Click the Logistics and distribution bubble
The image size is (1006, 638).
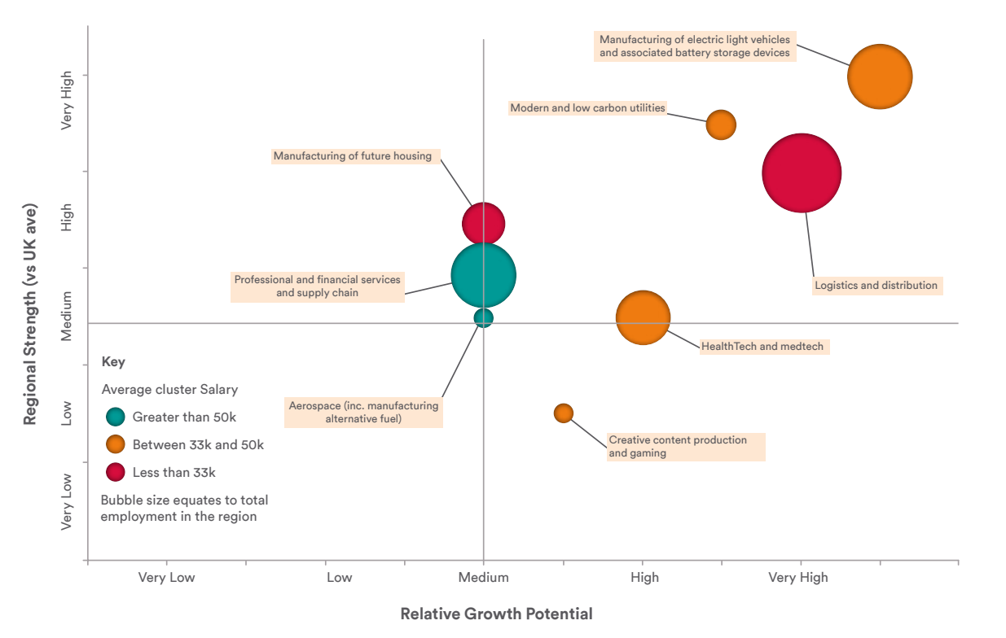point(802,173)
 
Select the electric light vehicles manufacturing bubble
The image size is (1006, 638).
point(879,76)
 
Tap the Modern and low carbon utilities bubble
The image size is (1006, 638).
point(721,125)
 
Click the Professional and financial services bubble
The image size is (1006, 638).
point(484,275)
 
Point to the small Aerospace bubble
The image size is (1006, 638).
point(484,317)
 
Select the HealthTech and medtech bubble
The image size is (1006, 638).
point(643,318)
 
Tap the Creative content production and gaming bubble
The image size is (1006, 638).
point(564,413)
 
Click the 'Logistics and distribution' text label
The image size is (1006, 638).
point(876,286)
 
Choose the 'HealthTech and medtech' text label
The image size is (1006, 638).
point(762,347)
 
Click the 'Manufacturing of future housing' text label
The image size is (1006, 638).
point(353,156)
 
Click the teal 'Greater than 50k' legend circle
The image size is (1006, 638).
point(116,417)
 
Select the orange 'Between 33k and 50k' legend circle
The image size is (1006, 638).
point(116,444)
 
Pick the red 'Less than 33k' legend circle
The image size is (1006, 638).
point(116,472)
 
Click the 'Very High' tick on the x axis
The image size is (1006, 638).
point(798,578)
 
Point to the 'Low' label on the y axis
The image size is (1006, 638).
point(67,413)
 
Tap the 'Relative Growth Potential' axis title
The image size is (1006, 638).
point(496,614)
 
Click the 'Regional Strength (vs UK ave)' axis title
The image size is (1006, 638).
point(30,314)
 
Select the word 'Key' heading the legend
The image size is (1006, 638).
point(113,362)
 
